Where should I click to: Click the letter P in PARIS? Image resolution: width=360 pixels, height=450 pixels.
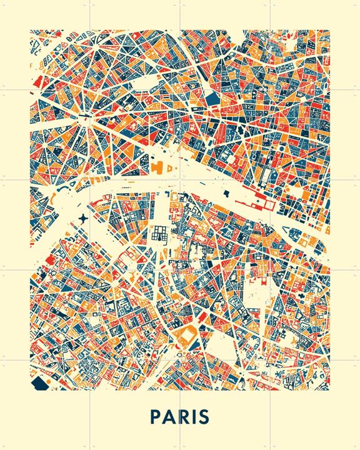pos(156,417)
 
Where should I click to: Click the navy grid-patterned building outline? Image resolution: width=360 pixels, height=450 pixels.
pos(157,234)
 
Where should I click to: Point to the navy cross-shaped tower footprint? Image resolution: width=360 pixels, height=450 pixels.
pos(84,219)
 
